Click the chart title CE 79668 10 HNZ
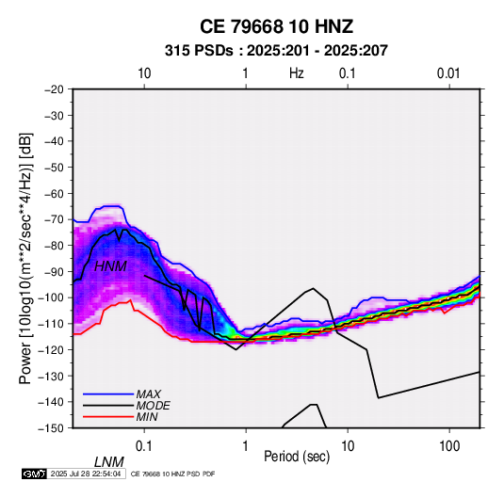(276, 26)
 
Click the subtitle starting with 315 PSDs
(276, 51)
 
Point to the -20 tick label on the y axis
(54, 89)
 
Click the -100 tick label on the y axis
(51, 297)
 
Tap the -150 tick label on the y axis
(51, 428)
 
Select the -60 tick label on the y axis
(54, 193)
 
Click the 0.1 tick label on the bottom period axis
(144, 446)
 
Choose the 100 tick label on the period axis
(449, 446)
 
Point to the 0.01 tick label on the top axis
(448, 73)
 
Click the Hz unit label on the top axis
(297, 73)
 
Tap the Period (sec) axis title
(297, 457)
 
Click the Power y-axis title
(25, 258)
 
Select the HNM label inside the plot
(110, 266)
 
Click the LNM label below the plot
(109, 462)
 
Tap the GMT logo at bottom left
(34, 474)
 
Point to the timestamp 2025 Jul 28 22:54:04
(86, 474)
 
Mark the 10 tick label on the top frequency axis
(144, 73)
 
